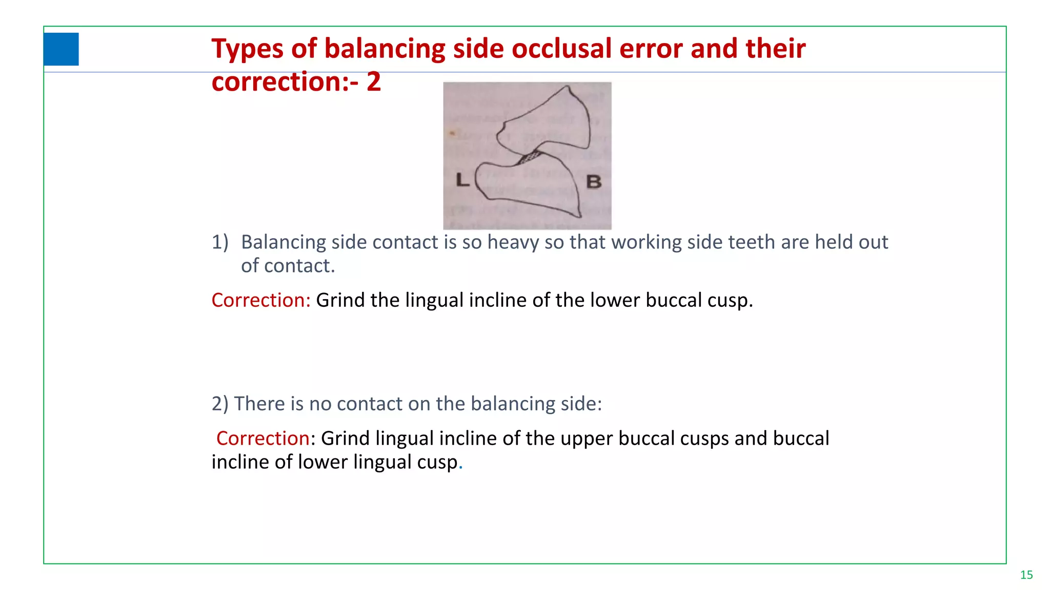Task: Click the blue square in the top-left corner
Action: click(x=61, y=49)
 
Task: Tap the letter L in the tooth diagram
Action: click(x=462, y=180)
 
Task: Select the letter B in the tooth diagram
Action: click(x=594, y=181)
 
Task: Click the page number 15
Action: click(x=1026, y=575)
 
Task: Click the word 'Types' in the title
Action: click(x=247, y=49)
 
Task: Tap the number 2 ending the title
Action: click(x=374, y=82)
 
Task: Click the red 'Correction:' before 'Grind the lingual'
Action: click(x=261, y=300)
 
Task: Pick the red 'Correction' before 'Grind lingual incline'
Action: click(x=262, y=438)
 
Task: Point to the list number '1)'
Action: click(x=220, y=242)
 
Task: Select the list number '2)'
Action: click(x=220, y=404)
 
